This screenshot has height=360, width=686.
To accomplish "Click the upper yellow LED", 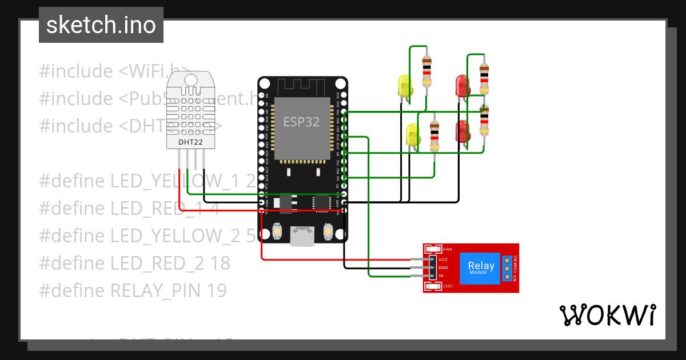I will tap(405, 86).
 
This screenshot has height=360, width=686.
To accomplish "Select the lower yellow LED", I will tap(412, 135).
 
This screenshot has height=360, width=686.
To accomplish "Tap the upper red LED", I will tap(461, 86).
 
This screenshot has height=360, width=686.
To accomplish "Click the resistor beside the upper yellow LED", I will tap(426, 71).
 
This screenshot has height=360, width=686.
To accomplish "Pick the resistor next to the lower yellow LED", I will tap(434, 135).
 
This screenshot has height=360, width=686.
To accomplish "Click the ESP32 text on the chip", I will tap(301, 122).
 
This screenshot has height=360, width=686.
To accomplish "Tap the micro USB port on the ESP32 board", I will tap(302, 235).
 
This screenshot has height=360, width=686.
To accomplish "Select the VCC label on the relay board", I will tap(443, 259).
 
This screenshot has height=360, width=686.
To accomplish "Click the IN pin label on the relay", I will tap(441, 276).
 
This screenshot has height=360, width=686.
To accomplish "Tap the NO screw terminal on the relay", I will tap(506, 278).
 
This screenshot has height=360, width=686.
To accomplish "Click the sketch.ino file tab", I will tap(101, 25).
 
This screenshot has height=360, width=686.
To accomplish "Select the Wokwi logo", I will tap(607, 315).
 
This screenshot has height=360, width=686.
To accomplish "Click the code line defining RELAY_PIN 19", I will tap(133, 290).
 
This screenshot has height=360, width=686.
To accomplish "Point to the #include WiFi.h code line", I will tap(114, 71).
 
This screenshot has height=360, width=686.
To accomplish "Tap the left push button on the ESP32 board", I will tap(278, 230).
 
